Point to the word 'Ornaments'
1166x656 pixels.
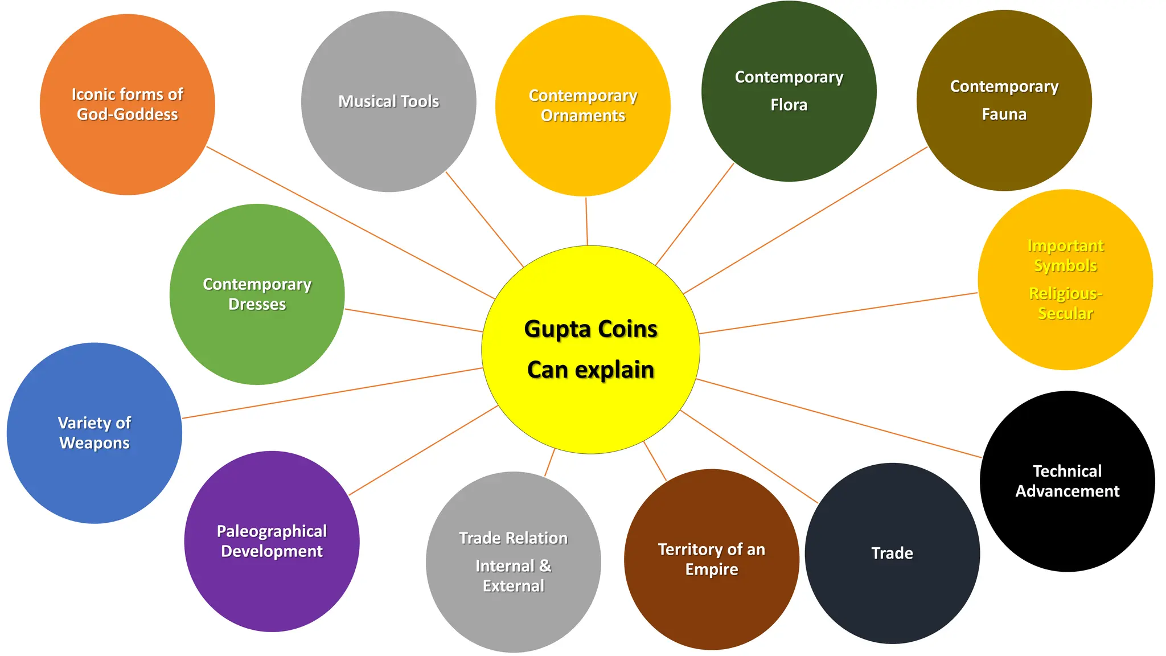click(x=582, y=116)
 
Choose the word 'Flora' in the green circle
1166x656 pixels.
click(x=789, y=105)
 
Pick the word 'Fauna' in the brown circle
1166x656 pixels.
click(x=1004, y=114)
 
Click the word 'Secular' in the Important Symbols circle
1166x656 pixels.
click(x=1065, y=313)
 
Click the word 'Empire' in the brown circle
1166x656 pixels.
click(x=711, y=569)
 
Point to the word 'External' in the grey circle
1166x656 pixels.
click(x=513, y=586)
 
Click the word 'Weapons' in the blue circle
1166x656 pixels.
click(x=95, y=443)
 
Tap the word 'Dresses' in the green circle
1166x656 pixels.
click(x=257, y=305)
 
